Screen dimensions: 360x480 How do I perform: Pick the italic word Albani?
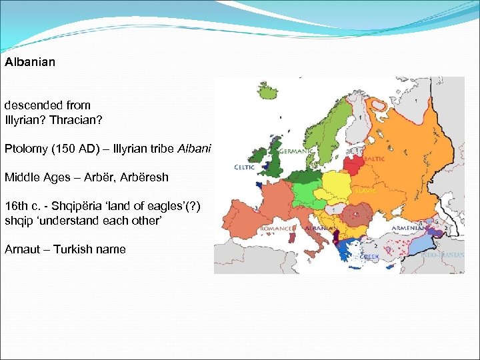[x=194, y=148]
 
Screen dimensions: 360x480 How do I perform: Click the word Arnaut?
[x=23, y=249]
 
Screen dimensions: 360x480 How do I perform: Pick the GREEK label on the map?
[x=369, y=256]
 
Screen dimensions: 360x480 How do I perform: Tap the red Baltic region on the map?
[x=353, y=164]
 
